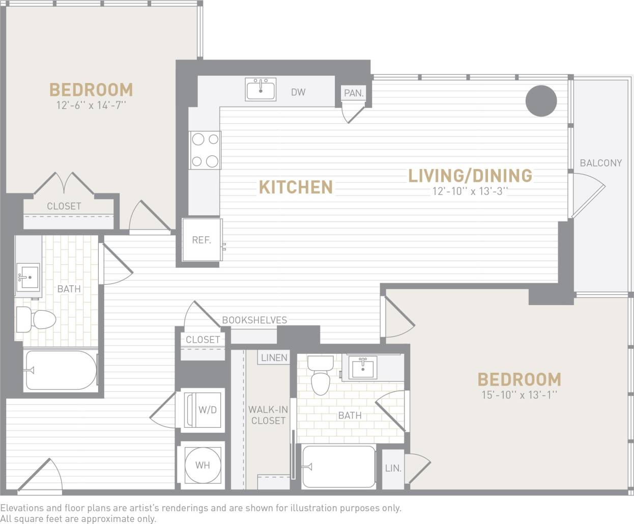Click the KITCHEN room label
pos(296,187)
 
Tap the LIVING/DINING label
pos(470,176)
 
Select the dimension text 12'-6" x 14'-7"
pos(91,106)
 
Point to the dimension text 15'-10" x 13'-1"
pos(519,395)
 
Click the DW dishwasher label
pos(298,92)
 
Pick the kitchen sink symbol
pos(261,90)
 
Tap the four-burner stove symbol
pos(205,150)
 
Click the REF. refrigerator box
pos(202,240)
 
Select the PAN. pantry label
pos(354,93)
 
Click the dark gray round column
pos(540,101)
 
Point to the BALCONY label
pos(601,163)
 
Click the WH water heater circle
pos(203,465)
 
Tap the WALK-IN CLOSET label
pos(268,415)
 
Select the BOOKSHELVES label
pos(254,320)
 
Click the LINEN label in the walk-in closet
pos(274,357)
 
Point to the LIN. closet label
pos(393,468)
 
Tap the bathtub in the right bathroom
pos(339,466)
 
